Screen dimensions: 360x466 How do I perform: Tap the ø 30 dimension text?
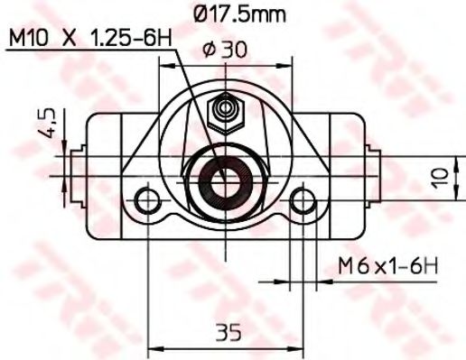coord(226,52)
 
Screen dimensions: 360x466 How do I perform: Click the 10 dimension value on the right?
coord(441,176)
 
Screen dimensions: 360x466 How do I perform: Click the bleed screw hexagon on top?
coord(223,114)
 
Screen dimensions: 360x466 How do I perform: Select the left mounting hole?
coord(146,198)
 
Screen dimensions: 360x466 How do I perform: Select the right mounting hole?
coord(303,198)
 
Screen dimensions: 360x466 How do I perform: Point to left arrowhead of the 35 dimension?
coord(151,348)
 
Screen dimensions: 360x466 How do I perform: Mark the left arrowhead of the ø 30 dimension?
coord(163,66)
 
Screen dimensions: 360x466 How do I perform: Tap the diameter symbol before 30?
coord(208,52)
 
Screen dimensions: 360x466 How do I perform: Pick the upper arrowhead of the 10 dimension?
coord(418,162)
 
